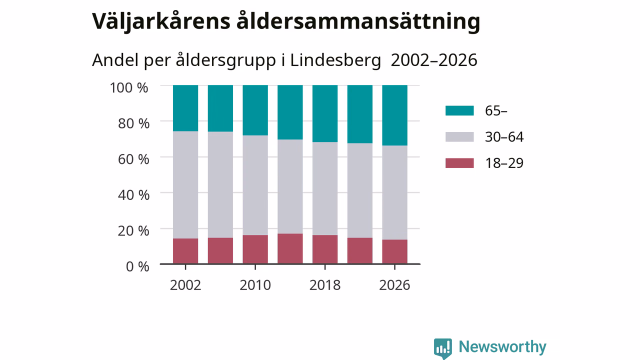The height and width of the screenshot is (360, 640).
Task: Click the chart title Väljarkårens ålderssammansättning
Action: tap(286, 22)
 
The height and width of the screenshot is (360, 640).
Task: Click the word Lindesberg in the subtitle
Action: tap(335, 60)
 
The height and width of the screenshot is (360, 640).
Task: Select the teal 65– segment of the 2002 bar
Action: tap(185, 108)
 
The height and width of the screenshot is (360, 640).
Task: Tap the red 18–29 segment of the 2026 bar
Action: tap(394, 251)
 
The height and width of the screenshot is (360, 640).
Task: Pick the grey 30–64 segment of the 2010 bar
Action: tap(255, 185)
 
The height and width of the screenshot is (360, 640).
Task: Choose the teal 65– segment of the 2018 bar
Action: tap(325, 113)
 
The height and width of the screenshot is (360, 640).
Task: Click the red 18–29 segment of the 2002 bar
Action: tap(185, 251)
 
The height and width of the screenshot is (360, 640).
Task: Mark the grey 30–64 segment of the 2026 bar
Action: tap(394, 192)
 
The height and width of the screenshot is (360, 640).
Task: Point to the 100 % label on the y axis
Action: tap(129, 87)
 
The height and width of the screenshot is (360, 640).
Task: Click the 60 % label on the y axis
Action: tap(133, 159)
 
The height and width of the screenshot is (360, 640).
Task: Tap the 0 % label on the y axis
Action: tap(137, 266)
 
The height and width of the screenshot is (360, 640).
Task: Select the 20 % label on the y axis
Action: tap(133, 231)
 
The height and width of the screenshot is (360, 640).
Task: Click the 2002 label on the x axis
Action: tap(185, 285)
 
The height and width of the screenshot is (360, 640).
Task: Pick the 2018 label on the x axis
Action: tap(325, 285)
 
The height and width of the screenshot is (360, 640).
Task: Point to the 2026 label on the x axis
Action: tap(394, 285)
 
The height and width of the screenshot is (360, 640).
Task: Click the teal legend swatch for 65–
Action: tap(459, 110)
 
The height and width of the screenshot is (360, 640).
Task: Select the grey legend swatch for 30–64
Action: tap(459, 137)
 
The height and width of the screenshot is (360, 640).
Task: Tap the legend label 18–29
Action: tap(504, 163)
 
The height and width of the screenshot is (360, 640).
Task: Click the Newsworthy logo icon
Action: tap(443, 348)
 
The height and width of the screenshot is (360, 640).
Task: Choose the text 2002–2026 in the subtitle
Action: tap(434, 60)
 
